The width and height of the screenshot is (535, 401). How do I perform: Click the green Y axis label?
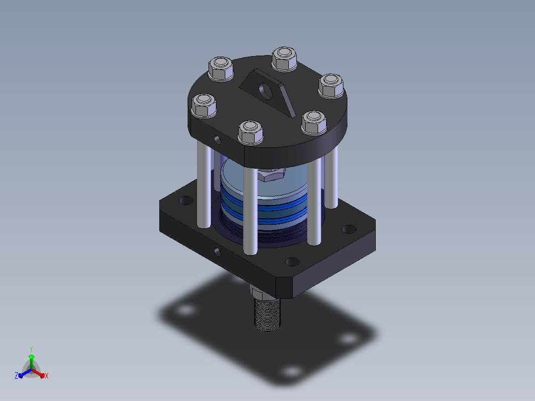click(31, 349)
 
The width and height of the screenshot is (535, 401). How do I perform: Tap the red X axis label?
click(47, 376)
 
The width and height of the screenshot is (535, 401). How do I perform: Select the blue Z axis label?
click(16, 376)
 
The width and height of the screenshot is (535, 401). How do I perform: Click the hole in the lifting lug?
click(266, 91)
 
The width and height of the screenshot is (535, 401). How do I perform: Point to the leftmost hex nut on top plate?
click(203, 105)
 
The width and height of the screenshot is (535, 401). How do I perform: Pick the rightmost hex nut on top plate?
click(331, 86)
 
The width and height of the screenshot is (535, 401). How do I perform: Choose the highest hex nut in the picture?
click(284, 59)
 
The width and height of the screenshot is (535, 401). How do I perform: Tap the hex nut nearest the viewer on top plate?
click(251, 133)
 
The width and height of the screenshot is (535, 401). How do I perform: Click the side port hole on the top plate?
click(217, 139)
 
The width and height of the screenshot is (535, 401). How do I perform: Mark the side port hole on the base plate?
click(217, 252)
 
